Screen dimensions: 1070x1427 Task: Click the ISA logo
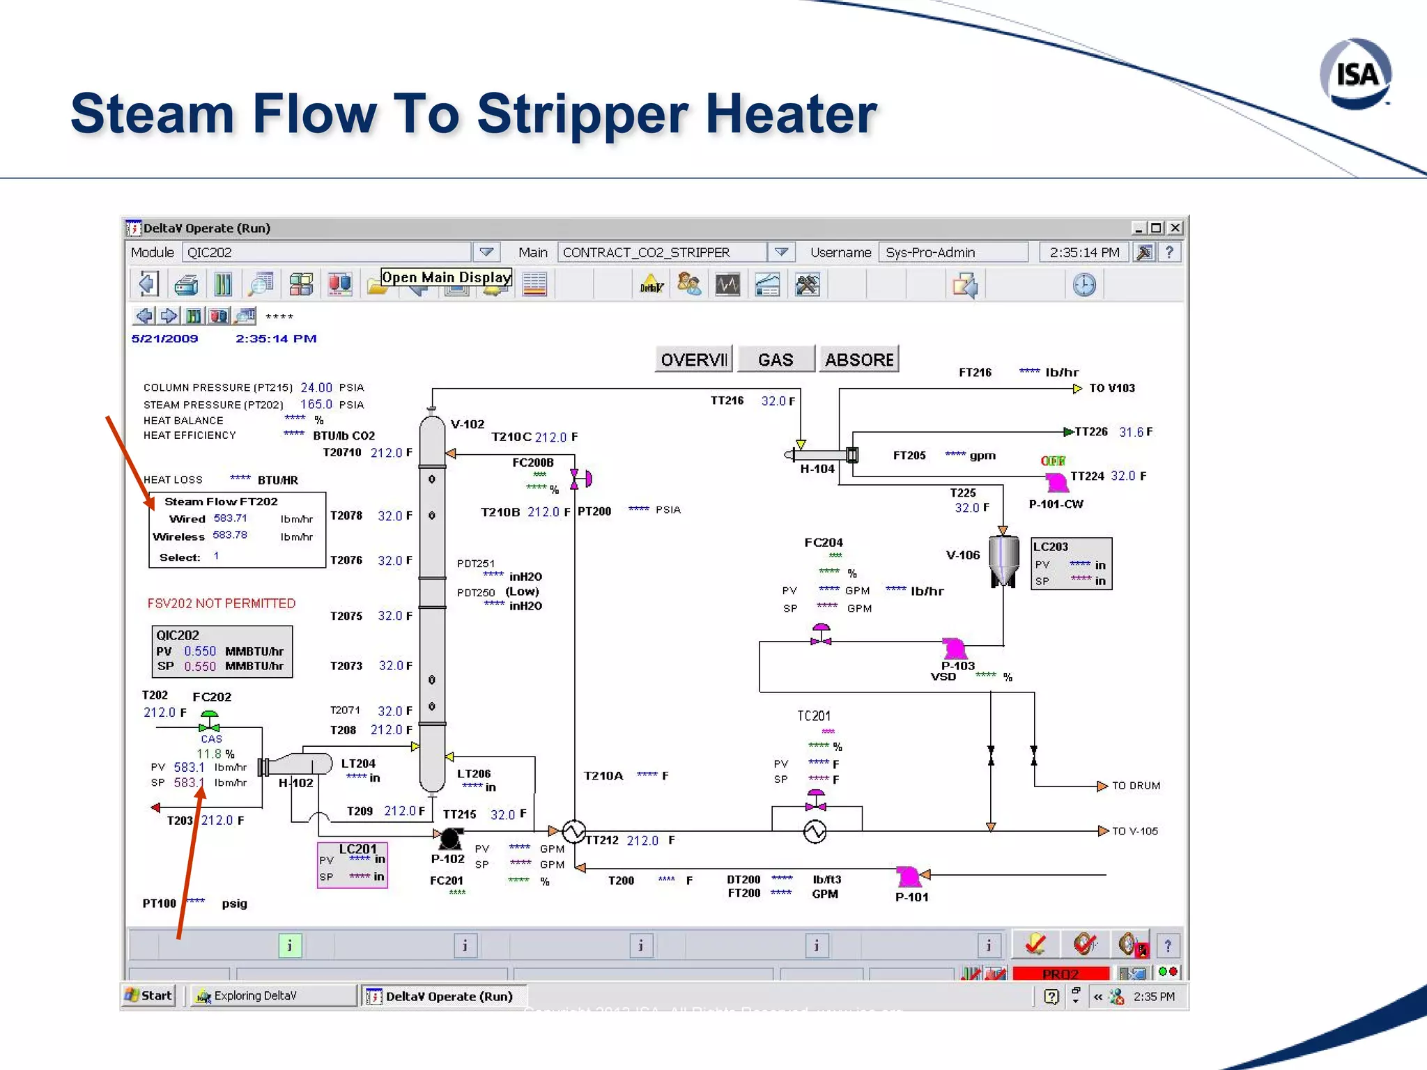pos(1355,74)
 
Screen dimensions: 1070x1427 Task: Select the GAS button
pos(776,359)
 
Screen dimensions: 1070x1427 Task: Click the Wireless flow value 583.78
pos(230,535)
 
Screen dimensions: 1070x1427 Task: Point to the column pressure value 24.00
pos(316,387)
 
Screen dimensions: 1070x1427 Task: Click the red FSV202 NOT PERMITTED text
pos(222,603)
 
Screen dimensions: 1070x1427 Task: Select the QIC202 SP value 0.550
pos(200,667)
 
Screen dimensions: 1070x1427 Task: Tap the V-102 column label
pos(467,424)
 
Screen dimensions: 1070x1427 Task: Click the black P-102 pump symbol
pos(451,838)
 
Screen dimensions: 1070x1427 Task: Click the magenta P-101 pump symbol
pos(908,876)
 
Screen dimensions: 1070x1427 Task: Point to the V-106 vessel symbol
pos(1003,561)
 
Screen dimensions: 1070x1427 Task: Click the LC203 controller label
pos(1050,547)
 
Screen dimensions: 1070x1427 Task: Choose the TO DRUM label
pos(1136,786)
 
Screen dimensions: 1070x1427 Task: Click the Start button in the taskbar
pos(148,995)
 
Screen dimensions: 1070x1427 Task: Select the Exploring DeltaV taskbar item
pos(272,995)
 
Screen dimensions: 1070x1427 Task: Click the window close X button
pos(1175,228)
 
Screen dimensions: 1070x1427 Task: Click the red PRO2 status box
pos(1060,973)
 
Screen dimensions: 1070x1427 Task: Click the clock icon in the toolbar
pos(1084,284)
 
